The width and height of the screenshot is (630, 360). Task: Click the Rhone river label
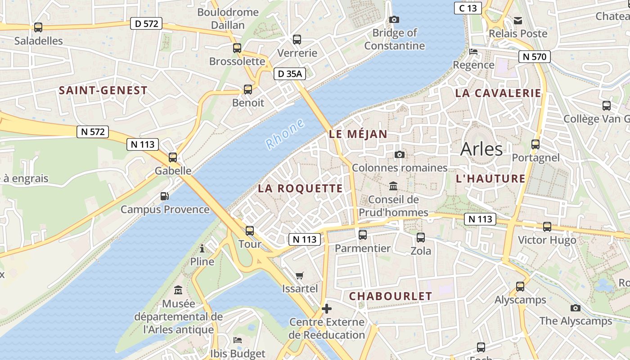pos(285,135)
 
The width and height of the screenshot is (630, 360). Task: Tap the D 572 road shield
pos(146,23)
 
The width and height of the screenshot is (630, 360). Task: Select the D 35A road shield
pos(290,74)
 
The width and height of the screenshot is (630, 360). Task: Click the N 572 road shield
pos(93,132)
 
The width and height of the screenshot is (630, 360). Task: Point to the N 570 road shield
pos(535,57)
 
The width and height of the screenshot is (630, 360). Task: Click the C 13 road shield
pos(468,8)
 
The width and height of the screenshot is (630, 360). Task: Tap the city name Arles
pos(481,149)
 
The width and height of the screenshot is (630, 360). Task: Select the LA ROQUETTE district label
pos(300,189)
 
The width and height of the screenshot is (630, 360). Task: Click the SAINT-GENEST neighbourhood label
pos(103,90)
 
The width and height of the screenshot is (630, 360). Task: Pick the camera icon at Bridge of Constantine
pos(394,19)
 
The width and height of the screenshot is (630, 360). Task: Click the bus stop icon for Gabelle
pos(173,157)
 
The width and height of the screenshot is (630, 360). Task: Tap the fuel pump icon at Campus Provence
pos(165,196)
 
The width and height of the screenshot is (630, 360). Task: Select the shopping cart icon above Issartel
pos(300,275)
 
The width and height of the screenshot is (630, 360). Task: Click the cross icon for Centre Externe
pos(327,309)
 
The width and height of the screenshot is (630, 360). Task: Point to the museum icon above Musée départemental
pos(178,290)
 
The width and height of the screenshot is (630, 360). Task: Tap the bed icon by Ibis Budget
pos(238,340)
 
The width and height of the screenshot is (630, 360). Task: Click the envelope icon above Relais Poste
pos(518,20)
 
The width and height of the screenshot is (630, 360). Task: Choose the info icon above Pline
pos(202,248)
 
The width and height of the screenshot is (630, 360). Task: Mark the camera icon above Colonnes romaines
pos(399,155)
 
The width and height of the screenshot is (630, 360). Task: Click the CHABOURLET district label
pos(390,296)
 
